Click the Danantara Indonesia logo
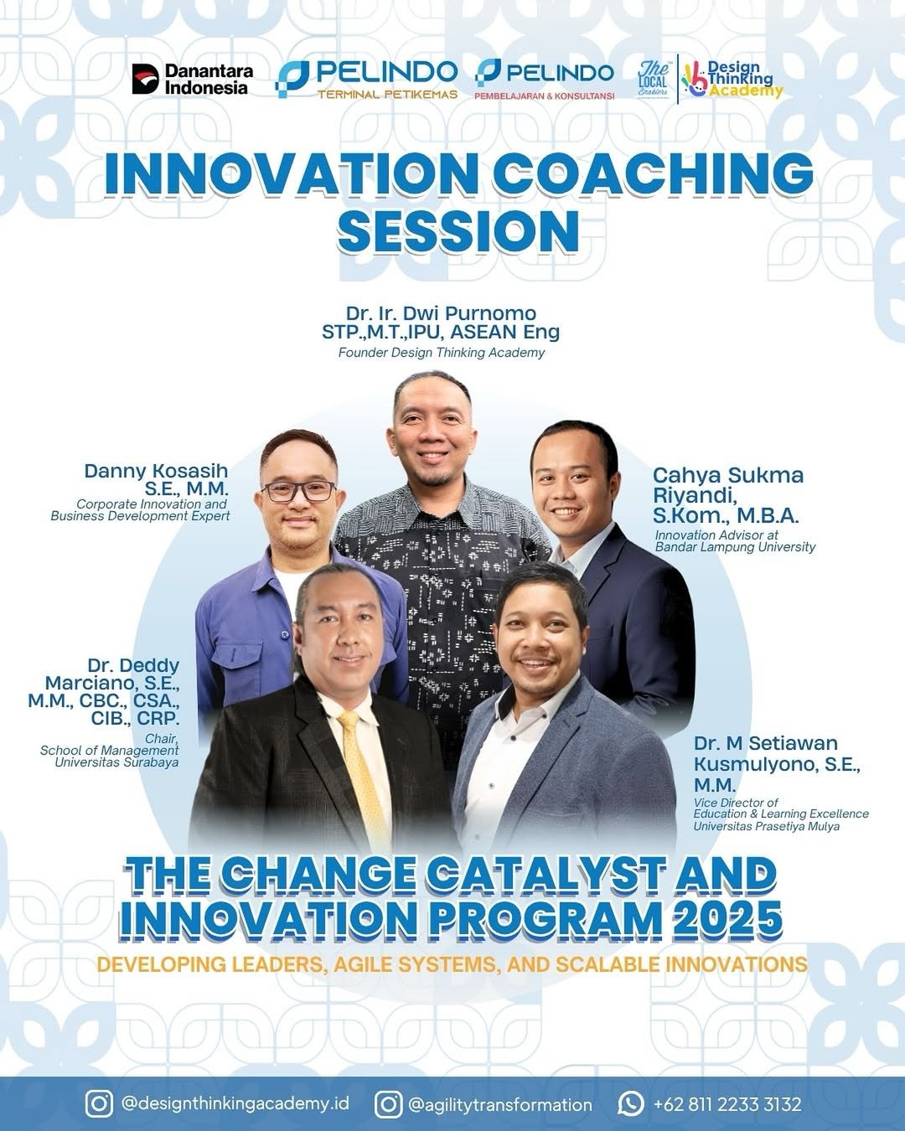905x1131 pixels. click(x=193, y=79)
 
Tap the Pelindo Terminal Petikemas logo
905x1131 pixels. click(x=366, y=80)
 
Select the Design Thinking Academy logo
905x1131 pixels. click(x=732, y=79)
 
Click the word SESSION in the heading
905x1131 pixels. click(x=458, y=231)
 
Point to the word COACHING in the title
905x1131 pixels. click(x=653, y=173)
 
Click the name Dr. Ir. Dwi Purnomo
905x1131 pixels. click(x=441, y=313)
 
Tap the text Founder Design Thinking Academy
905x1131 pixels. click(x=442, y=352)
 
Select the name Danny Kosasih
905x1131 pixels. click(x=156, y=471)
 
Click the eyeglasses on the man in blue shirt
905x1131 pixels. click(x=298, y=491)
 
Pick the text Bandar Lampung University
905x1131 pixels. click(x=735, y=547)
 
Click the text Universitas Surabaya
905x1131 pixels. click(x=116, y=762)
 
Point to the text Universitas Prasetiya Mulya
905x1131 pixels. click(x=766, y=826)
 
